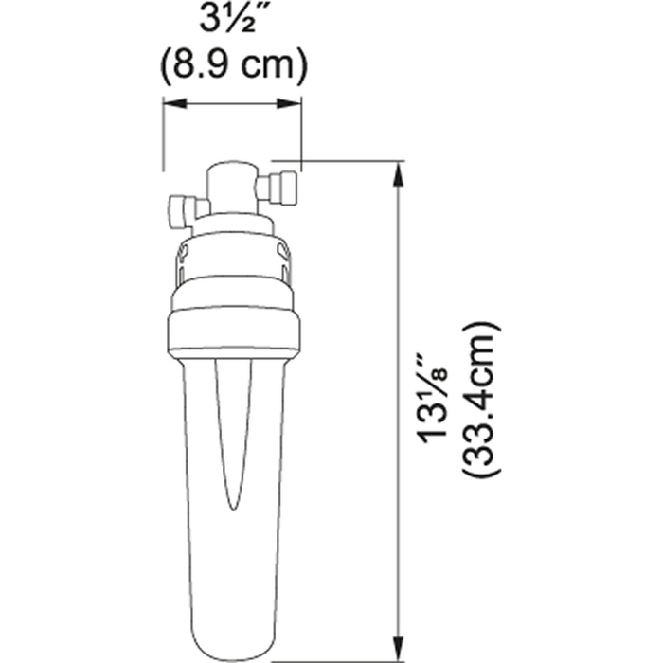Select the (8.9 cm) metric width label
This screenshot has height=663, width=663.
232,67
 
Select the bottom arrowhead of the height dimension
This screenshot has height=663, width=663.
402,626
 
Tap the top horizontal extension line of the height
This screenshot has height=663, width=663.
341,161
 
